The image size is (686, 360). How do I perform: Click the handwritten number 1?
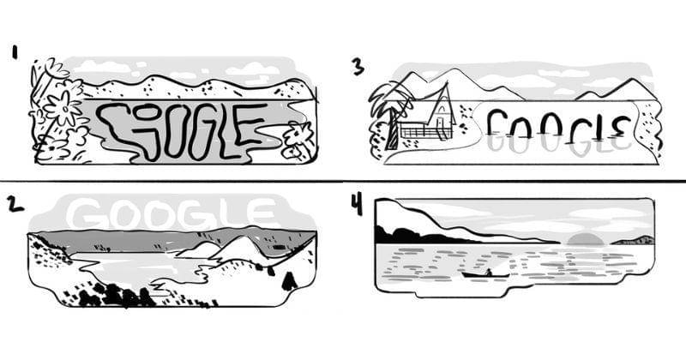[15, 53]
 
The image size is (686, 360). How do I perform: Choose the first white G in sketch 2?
[86, 215]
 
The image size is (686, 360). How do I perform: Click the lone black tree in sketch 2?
[289, 280]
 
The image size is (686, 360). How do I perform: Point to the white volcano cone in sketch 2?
[242, 248]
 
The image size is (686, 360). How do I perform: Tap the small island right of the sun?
[633, 240]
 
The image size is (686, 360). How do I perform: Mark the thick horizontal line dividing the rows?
[343, 181]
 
